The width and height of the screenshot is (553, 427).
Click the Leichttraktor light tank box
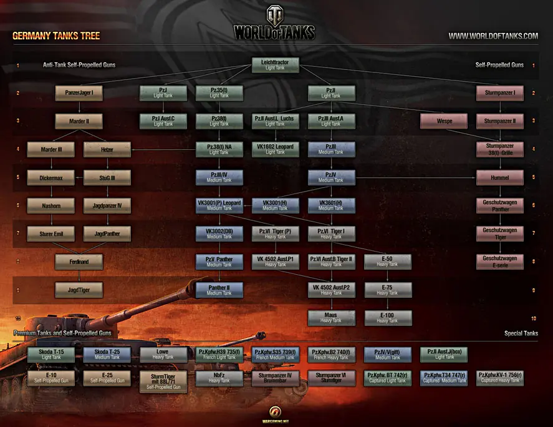[275, 65]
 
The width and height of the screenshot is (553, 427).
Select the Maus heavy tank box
[330, 318]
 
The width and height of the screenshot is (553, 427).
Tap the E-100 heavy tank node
[387, 318]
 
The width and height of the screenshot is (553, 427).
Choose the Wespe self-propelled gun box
[444, 121]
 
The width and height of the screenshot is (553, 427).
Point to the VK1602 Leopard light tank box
[275, 149]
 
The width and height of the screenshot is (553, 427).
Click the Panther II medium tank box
[219, 290]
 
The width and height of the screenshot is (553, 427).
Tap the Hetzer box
[107, 149]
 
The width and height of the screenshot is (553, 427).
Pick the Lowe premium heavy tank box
[162, 355]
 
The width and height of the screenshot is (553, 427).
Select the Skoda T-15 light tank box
[50, 355]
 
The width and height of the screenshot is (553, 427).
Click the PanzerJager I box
[79, 93]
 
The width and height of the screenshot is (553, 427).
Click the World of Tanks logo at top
[274, 25]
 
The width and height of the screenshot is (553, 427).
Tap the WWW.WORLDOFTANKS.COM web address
[493, 36]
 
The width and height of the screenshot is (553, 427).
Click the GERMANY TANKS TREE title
[56, 36]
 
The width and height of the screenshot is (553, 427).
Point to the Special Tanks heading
[521, 333]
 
